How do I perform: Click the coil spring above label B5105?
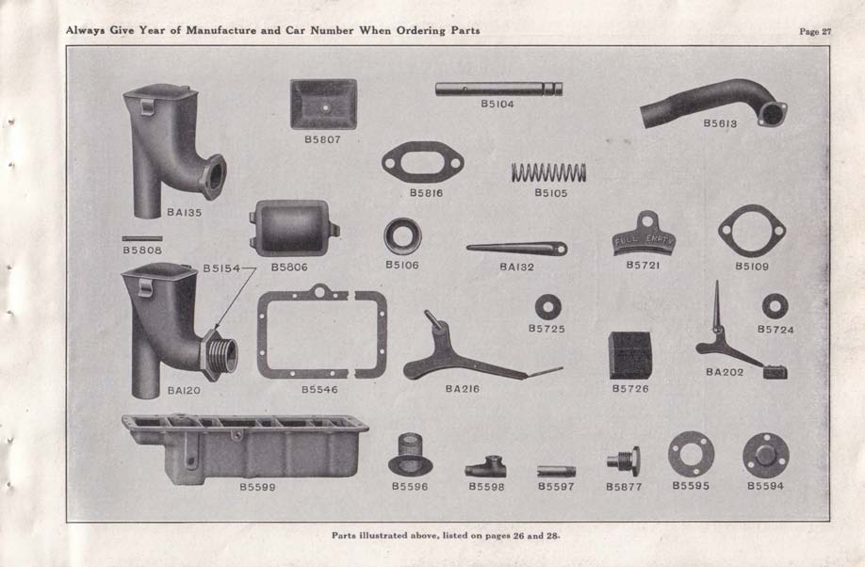pyautogui.click(x=548, y=172)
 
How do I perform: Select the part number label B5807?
pyautogui.click(x=322, y=139)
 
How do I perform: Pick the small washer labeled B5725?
pyautogui.click(x=547, y=307)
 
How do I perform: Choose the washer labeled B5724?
pyautogui.click(x=775, y=306)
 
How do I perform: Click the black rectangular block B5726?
pyautogui.click(x=630, y=356)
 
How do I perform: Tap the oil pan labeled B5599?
pyautogui.click(x=245, y=449)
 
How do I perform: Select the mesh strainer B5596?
pyautogui.click(x=410, y=455)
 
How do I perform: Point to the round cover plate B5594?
pyautogui.click(x=766, y=456)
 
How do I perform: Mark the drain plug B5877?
pyautogui.click(x=624, y=462)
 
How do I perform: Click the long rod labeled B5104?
pyautogui.click(x=498, y=89)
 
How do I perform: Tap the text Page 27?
pyautogui.click(x=815, y=31)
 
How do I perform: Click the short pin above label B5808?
pyautogui.click(x=142, y=239)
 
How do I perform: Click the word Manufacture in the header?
pyautogui.click(x=220, y=30)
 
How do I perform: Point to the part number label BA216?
pyautogui.click(x=463, y=389)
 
